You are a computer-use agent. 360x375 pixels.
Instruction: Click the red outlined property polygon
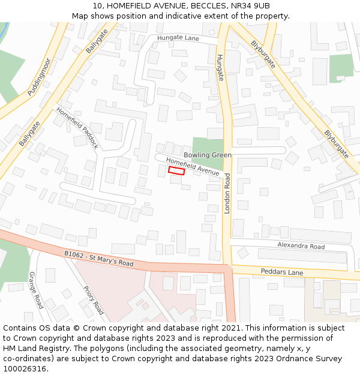176,171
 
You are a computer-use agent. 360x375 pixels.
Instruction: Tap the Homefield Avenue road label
193,167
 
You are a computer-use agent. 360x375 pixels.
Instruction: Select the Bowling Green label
208,155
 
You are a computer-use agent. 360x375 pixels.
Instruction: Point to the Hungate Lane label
178,38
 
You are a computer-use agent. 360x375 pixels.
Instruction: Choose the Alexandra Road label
301,246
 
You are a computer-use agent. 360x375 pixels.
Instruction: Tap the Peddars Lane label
282,272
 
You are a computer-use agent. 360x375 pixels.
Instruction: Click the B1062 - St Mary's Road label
99,259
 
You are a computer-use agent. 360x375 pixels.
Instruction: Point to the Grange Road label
36,290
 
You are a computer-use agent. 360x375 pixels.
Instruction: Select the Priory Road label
93,300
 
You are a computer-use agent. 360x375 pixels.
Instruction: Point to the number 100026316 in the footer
25,369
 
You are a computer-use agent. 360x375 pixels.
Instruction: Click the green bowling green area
208,145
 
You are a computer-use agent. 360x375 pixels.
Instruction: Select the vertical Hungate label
220,68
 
